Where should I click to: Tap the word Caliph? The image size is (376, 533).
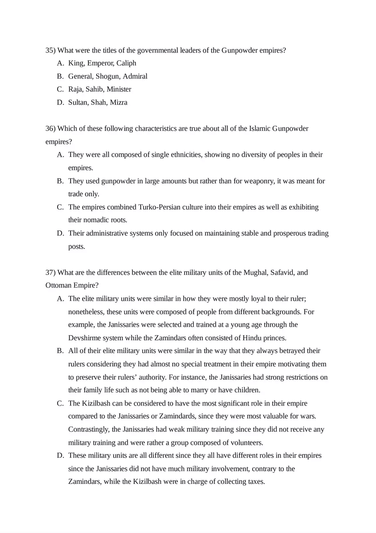(126, 63)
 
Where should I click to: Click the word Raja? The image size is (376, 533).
(76, 89)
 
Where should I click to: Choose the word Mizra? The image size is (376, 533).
(118, 103)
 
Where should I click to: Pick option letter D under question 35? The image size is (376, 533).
(60, 103)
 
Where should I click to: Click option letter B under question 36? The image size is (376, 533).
(60, 181)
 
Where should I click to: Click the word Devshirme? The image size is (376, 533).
(85, 338)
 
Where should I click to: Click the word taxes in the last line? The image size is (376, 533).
(256, 482)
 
